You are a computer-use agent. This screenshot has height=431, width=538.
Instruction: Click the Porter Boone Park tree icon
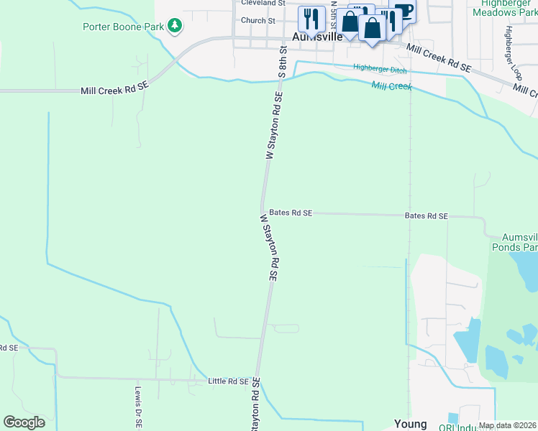[175, 27]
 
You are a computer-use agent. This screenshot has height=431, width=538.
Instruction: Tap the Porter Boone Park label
[124, 27]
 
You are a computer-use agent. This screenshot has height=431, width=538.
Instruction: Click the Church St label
[258, 21]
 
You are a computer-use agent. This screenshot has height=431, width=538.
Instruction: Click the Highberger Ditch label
[379, 69]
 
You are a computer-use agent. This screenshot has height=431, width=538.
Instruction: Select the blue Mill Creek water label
[391, 86]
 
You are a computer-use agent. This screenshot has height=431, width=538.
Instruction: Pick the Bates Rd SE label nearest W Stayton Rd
[291, 213]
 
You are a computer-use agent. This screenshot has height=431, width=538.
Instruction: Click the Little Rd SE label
[227, 381]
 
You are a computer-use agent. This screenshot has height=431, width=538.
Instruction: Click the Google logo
[24, 422]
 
